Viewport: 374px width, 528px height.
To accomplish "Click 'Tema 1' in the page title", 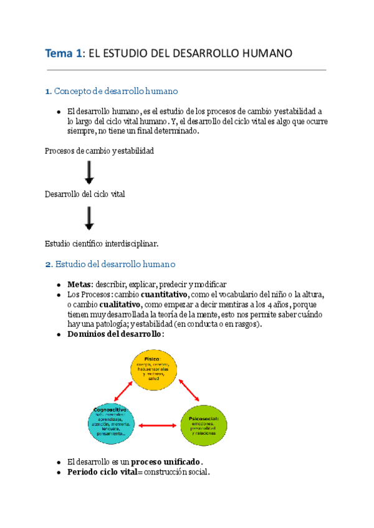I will point(63,54).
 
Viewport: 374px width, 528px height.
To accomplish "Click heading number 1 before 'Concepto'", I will point(48,92).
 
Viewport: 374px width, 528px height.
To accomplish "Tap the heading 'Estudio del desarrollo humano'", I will point(115,264).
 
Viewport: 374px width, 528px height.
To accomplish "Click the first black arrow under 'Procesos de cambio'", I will point(89,172).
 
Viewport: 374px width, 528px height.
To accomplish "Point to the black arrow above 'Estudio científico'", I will point(89,219).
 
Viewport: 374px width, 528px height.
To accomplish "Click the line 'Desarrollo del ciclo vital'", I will point(85,194).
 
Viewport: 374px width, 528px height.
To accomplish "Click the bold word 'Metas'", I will point(79,283).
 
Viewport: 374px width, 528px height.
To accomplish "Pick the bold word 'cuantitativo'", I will point(165,294).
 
